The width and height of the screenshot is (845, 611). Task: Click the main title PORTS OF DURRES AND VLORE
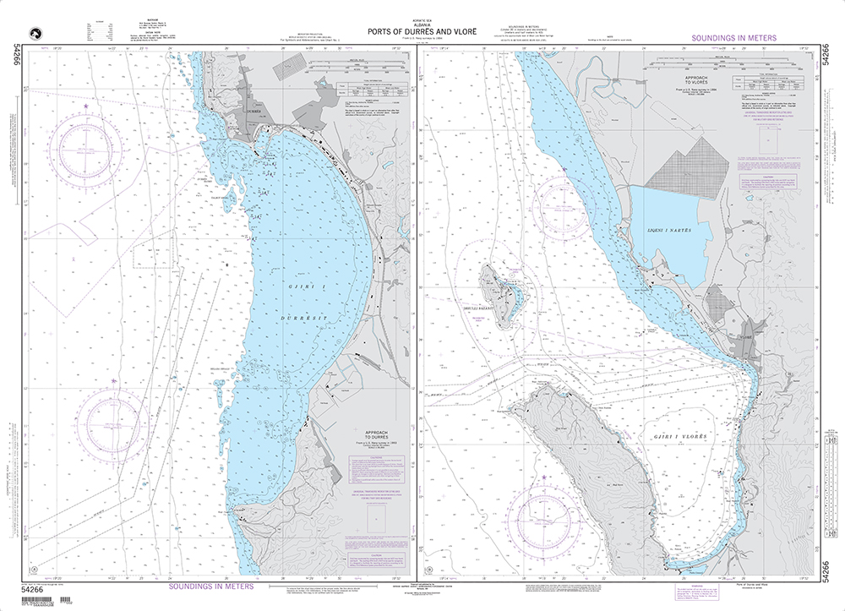[x=422, y=33]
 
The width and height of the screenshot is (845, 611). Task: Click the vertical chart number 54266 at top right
[x=833, y=63]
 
